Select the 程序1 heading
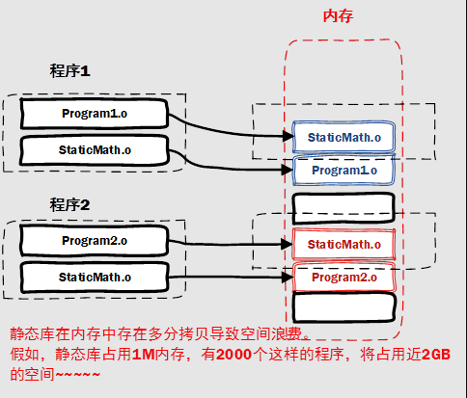click(x=69, y=71)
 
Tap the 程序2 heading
click(x=69, y=204)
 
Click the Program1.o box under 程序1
click(x=94, y=114)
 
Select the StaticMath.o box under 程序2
click(x=94, y=277)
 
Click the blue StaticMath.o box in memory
click(x=343, y=138)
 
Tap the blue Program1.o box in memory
click(x=343, y=171)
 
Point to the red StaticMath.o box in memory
click(x=343, y=244)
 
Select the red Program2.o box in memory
click(x=343, y=278)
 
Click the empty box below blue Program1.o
click(x=343, y=206)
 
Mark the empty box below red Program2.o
click(x=343, y=308)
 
